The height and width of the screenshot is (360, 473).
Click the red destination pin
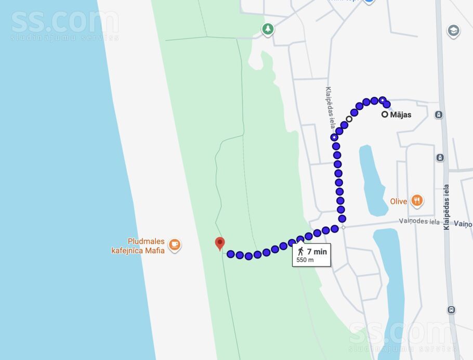220,243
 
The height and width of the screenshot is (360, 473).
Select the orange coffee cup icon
175,245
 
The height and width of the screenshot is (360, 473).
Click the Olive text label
399,201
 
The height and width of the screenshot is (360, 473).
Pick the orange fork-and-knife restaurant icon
416,200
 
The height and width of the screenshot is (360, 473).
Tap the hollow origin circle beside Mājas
385,114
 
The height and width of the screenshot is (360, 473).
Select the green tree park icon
268,29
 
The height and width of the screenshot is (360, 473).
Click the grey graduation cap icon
454,31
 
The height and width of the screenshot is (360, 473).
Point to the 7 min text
317,252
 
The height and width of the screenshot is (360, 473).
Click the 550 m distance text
305,260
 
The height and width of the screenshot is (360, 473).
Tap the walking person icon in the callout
300,252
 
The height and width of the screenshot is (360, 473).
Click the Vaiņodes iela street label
419,221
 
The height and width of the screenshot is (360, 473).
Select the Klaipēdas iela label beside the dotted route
330,107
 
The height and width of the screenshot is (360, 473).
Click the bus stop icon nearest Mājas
439,114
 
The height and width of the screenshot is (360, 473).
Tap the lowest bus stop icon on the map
451,310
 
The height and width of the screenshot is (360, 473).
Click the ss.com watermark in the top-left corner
64,24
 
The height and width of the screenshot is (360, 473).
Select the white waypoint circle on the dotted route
349,119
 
